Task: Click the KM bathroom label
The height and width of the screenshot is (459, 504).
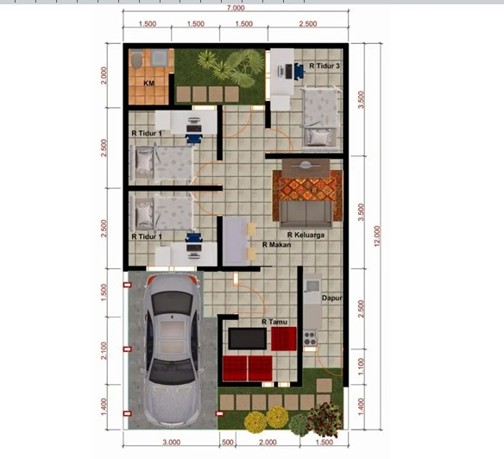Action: [148, 84]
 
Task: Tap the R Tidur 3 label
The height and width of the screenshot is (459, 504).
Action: [324, 66]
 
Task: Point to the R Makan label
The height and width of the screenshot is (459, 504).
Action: [276, 245]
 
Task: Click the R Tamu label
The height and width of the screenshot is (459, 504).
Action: [274, 322]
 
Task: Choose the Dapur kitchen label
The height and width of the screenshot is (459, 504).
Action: [332, 299]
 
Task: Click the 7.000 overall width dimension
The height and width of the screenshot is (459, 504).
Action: [236, 8]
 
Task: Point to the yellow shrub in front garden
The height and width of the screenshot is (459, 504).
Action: [276, 418]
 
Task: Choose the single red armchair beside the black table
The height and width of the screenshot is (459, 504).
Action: [283, 339]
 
